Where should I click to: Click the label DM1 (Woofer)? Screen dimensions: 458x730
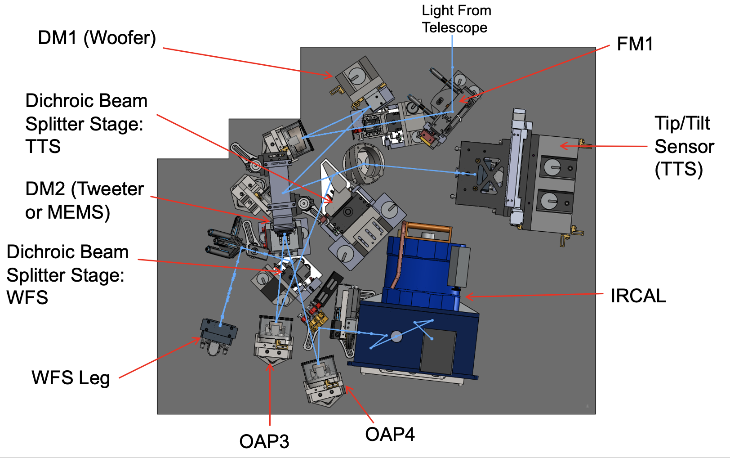(97, 38)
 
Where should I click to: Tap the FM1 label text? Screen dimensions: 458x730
(635, 44)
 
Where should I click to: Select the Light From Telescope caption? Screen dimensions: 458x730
(456, 19)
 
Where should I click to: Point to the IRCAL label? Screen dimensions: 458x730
(638, 296)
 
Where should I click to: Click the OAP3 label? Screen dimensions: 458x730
(264, 441)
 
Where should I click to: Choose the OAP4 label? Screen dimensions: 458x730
(390, 434)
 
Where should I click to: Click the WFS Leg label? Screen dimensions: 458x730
(71, 378)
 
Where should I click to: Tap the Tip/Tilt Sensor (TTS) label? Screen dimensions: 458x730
(684, 146)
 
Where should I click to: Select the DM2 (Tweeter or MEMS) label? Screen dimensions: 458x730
(85, 201)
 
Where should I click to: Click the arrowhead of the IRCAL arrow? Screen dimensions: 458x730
(467, 296)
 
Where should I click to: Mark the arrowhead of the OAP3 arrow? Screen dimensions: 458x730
(270, 365)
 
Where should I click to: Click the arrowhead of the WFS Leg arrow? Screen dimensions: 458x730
(199, 339)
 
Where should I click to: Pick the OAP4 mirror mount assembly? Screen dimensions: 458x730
(323, 381)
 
